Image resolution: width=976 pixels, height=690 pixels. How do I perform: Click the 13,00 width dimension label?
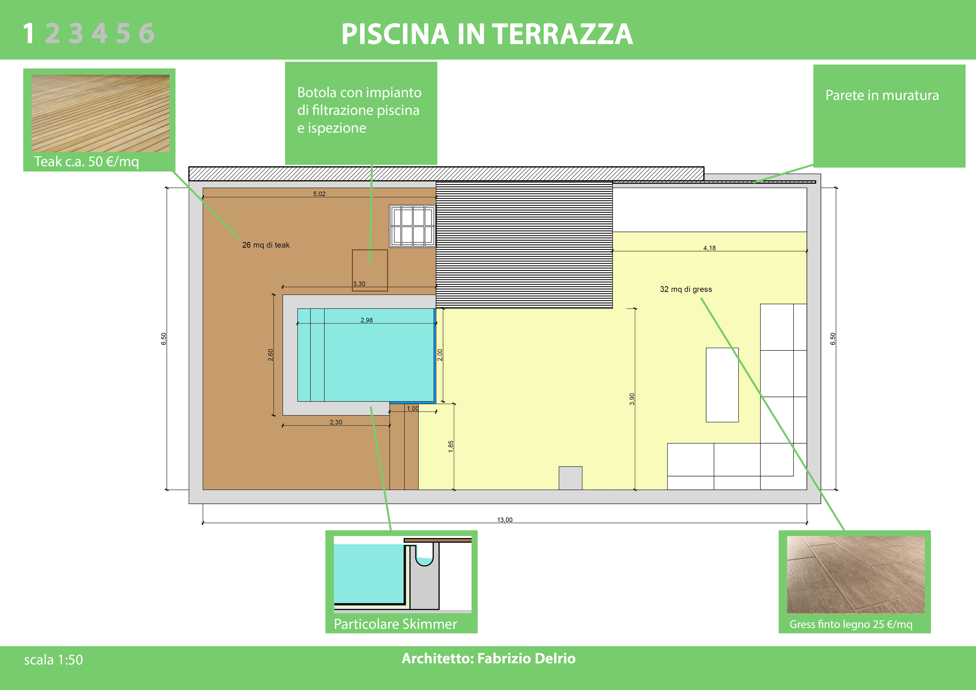coord(505,520)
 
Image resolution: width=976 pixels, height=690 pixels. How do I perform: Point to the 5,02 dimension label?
coord(319,194)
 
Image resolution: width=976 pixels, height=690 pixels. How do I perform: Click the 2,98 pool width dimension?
coord(367,320)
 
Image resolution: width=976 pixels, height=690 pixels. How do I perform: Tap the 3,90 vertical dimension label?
coord(632,399)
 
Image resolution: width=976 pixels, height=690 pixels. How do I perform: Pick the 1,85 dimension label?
coord(451,446)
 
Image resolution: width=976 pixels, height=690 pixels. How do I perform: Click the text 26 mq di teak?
coord(266,245)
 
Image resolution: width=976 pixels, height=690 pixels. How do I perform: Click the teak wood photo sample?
coord(100,113)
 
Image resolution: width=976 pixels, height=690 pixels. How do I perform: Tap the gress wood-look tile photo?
coord(856,574)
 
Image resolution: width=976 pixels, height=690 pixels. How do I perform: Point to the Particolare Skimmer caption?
coord(395,624)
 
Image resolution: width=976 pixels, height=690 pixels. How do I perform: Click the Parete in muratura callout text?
coord(882,95)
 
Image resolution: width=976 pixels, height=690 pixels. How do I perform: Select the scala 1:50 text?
coord(54,660)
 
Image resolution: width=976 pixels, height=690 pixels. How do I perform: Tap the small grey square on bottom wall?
coord(571,478)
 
